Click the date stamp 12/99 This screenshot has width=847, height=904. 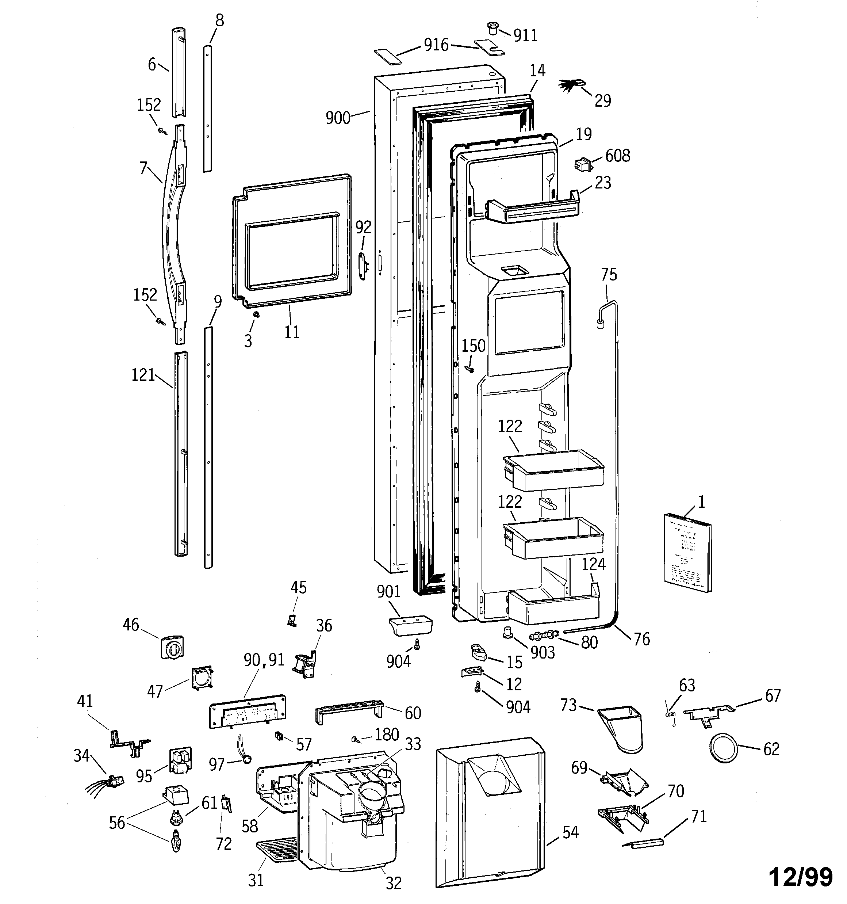click(801, 877)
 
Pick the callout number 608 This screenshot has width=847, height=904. click(617, 156)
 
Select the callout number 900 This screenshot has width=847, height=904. click(338, 118)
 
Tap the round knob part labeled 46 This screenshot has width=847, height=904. click(172, 648)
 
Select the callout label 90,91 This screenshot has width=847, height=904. click(264, 660)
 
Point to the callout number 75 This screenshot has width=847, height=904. click(609, 275)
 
